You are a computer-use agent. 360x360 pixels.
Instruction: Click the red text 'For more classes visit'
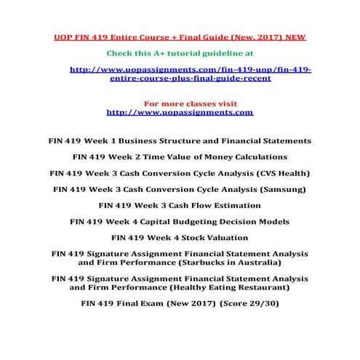click(x=181, y=104)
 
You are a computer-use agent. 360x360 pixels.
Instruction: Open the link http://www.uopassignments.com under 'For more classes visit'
click(x=180, y=113)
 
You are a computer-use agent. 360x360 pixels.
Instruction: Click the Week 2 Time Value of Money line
click(x=180, y=156)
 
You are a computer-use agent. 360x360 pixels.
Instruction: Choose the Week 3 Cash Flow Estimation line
click(x=180, y=205)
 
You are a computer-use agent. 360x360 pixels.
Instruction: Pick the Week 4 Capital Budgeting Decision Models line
click(x=180, y=221)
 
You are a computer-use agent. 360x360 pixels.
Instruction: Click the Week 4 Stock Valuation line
click(x=180, y=238)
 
